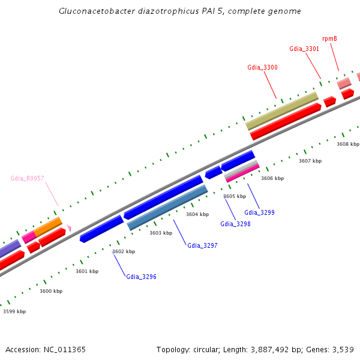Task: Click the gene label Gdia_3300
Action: pyautogui.click(x=262, y=67)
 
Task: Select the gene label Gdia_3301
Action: pyautogui.click(x=304, y=49)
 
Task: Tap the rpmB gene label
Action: pyautogui.click(x=329, y=38)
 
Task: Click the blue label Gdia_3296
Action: pyautogui.click(x=141, y=277)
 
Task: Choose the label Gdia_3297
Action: pyautogui.click(x=202, y=245)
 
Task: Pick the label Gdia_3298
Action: pyautogui.click(x=235, y=224)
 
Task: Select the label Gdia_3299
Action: pyautogui.click(x=259, y=212)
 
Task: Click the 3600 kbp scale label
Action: pyautogui.click(x=51, y=291)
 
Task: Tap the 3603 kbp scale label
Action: pyautogui.click(x=161, y=233)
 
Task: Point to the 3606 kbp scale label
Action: pyautogui.click(x=272, y=178)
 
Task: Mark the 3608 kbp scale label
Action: pyautogui.click(x=348, y=144)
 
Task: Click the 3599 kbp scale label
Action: pyautogui.click(x=14, y=311)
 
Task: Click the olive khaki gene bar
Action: pyautogui.click(x=282, y=110)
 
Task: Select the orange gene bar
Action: pyautogui.click(x=48, y=227)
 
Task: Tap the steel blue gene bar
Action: pyautogui.click(x=167, y=207)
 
